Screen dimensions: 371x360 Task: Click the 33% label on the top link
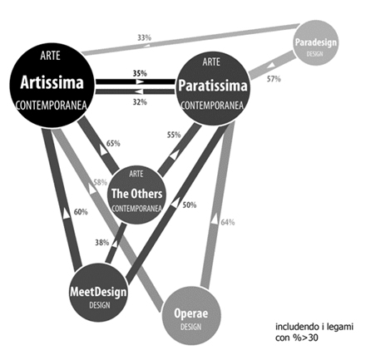pyautogui.click(x=144, y=37)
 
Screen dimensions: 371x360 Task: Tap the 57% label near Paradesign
pyautogui.click(x=274, y=79)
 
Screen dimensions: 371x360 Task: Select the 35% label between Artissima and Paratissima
pyautogui.click(x=140, y=73)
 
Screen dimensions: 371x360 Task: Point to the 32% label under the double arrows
pyautogui.click(x=140, y=102)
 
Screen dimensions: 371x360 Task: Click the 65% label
pyautogui.click(x=113, y=143)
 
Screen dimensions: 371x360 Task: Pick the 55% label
pyautogui.click(x=174, y=135)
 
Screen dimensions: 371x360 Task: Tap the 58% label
pyautogui.click(x=101, y=182)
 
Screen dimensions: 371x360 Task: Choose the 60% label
pyautogui.click(x=81, y=212)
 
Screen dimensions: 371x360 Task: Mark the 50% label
pyautogui.click(x=190, y=205)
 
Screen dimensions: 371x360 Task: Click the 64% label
pyautogui.click(x=228, y=222)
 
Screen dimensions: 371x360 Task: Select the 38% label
pyautogui.click(x=102, y=243)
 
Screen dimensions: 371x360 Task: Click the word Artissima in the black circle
pyautogui.click(x=52, y=82)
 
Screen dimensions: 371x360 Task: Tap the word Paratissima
pyautogui.click(x=213, y=86)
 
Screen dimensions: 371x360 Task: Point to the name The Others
pyautogui.click(x=136, y=194)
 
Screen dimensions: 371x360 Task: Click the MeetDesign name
pyautogui.click(x=98, y=292)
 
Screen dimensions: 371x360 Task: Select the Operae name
pyautogui.click(x=190, y=313)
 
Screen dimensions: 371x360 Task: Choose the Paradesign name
pyautogui.click(x=316, y=42)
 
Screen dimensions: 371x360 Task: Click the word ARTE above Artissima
pyautogui.click(x=50, y=56)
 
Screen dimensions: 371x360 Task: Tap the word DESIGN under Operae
pyautogui.click(x=190, y=327)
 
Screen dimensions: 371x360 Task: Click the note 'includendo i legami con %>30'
pyautogui.click(x=314, y=333)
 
